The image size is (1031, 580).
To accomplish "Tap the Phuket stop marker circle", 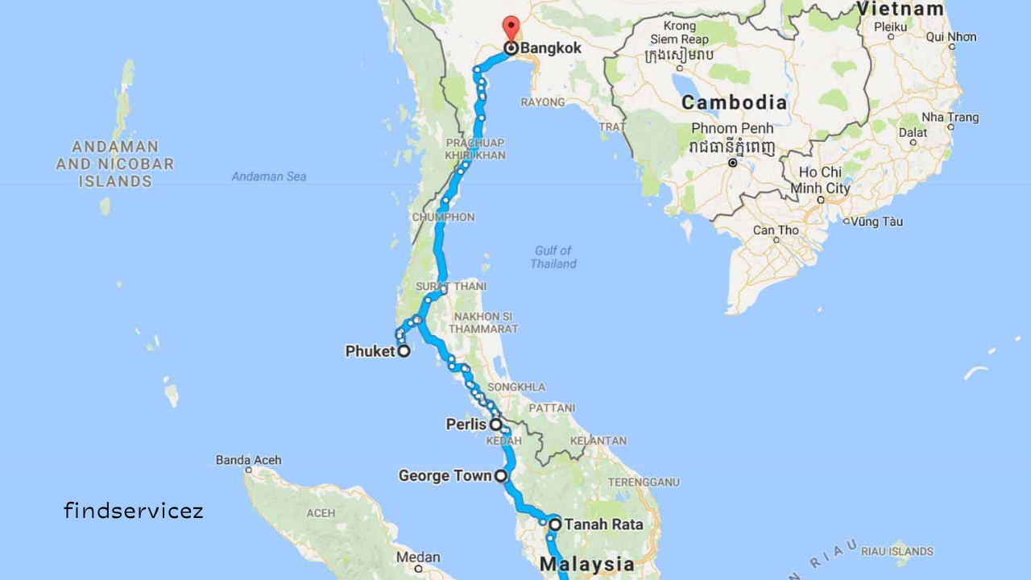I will click(x=404, y=350).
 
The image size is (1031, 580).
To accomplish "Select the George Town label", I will click(x=445, y=476).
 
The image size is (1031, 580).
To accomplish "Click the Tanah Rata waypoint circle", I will click(x=555, y=524).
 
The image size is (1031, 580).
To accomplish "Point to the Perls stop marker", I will click(x=496, y=424).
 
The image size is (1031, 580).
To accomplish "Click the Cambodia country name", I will click(x=734, y=103).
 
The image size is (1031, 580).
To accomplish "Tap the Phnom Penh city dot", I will click(x=732, y=163).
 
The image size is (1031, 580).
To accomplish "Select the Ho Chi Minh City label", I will click(x=820, y=180).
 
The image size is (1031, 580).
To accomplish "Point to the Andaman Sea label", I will click(x=269, y=176).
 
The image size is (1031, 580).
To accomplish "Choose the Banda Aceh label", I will click(x=248, y=460).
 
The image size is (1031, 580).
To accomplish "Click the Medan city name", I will click(x=418, y=557).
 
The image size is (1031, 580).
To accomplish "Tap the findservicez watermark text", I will click(x=134, y=510).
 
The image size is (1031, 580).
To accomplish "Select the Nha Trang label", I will click(x=950, y=118).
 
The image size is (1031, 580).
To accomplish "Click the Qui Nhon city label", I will click(x=950, y=37).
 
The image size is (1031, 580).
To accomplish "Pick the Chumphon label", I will click(x=443, y=217).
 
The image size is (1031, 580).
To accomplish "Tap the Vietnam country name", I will click(x=900, y=10).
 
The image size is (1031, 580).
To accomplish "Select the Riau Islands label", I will click(x=896, y=552).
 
